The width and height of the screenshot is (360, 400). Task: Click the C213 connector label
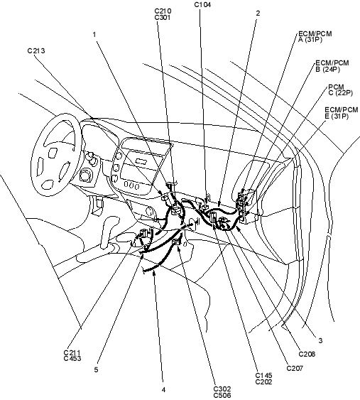[36, 50]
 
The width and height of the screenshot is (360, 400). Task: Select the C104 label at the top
[202, 4]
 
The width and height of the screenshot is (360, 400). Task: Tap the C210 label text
[163, 11]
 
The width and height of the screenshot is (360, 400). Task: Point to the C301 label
[163, 17]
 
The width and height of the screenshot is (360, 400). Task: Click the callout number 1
[94, 34]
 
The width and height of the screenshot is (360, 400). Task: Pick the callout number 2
[258, 13]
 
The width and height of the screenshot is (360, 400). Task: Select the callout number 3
[320, 340]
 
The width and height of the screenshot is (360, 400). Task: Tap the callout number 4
[163, 390]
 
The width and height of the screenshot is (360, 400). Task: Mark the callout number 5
[96, 369]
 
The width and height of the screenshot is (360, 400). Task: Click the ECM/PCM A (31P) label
[315, 37]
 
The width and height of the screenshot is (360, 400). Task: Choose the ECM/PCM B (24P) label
[332, 66]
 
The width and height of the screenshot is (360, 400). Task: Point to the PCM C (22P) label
[340, 90]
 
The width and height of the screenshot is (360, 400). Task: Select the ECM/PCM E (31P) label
[341, 113]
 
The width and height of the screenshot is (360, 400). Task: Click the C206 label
[307, 354]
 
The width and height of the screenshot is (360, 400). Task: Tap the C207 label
[295, 368]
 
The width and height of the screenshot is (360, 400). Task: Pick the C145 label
[264, 376]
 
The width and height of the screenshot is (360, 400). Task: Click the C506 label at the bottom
[222, 396]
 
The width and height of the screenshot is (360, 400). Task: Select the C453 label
[72, 358]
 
